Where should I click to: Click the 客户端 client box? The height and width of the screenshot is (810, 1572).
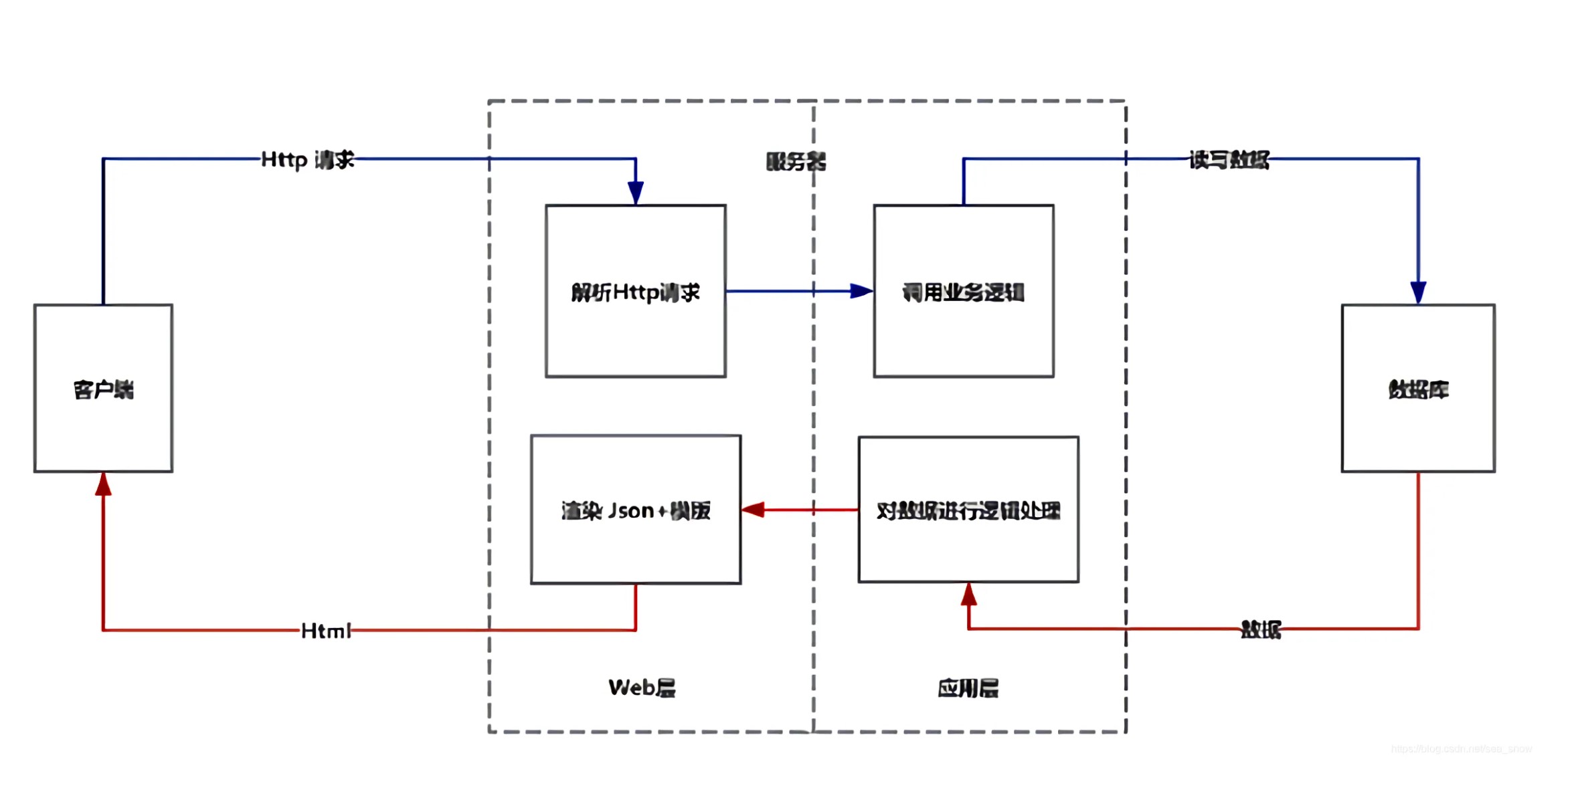103,389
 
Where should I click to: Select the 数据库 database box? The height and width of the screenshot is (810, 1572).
1417,389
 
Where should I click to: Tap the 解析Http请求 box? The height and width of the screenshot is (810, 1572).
635,292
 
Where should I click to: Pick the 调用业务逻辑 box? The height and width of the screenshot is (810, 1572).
963,292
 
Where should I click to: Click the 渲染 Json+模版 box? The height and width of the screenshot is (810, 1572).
635,510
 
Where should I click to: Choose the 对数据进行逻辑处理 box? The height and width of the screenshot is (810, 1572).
968,510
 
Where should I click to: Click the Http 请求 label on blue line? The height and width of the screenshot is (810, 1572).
307,159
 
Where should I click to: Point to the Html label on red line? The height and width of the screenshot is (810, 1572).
325,630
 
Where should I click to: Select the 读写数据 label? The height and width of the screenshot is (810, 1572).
1229,160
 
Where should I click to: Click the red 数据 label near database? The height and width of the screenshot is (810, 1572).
1260,629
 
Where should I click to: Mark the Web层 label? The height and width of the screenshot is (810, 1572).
641,688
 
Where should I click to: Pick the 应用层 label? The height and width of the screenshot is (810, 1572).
968,688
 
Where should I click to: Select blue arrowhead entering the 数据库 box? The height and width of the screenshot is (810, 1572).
1417,292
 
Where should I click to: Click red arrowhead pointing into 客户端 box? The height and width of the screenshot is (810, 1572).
103,485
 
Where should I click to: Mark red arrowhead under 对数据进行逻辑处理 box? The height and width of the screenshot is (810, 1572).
968,595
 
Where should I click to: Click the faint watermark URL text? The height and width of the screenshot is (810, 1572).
1461,748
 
